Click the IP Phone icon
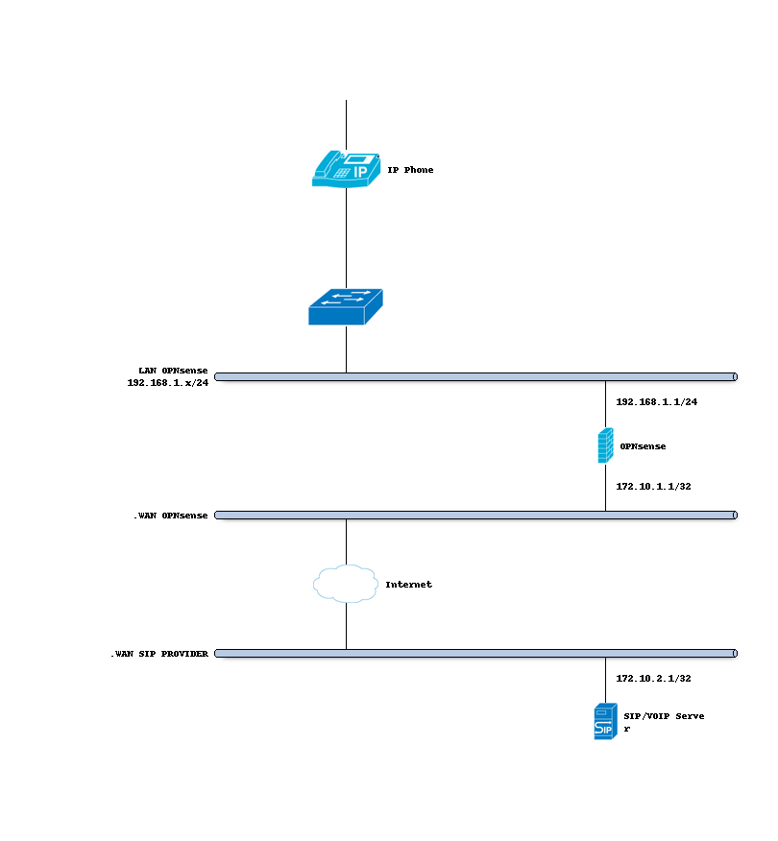[343, 169]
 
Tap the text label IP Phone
[410, 170]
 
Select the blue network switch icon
[345, 306]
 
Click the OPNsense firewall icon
[605, 446]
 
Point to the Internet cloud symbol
[345, 584]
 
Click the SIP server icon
[604, 721]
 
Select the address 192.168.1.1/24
[656, 402]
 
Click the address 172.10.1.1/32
[653, 487]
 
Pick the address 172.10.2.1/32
[653, 679]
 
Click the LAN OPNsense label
[173, 370]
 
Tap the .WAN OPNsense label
[170, 516]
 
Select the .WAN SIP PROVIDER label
[158, 654]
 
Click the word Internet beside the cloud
[408, 585]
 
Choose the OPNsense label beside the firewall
[643, 446]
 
